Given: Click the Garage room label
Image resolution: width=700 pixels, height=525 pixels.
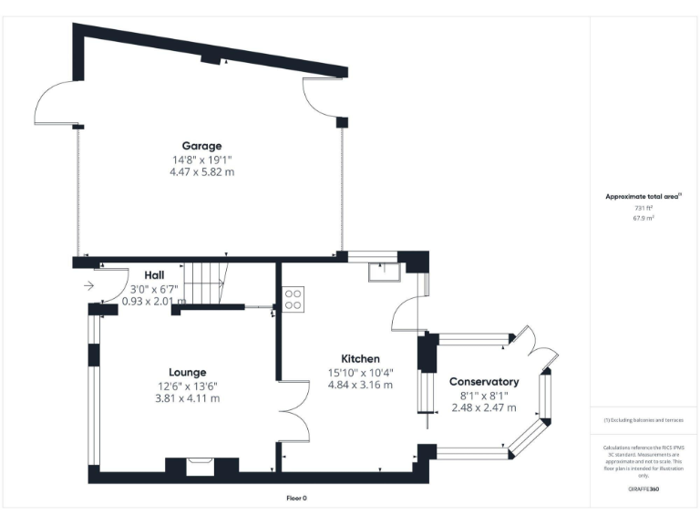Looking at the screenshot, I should pos(201,146).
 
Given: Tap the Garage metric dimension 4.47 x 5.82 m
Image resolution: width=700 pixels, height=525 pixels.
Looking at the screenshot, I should pos(201,171).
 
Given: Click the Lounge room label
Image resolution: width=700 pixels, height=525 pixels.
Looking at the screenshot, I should pos(187,372).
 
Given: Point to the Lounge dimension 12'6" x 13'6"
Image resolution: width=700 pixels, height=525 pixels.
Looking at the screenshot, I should pos(187,386).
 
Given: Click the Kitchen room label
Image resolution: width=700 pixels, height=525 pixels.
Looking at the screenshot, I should pos(360,359).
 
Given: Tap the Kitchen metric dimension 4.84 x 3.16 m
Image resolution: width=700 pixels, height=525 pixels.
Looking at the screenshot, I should pos(360,386).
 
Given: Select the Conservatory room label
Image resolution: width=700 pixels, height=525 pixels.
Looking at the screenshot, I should pos(484,382).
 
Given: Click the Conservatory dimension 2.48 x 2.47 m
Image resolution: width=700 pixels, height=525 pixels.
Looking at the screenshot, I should pos(484,407).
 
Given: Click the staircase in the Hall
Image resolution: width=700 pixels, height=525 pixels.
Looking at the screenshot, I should pos(205,283).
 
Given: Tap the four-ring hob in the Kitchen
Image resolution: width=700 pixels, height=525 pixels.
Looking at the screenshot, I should pos(293,299).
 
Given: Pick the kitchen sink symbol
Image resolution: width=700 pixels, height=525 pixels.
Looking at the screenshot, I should pos(380,270).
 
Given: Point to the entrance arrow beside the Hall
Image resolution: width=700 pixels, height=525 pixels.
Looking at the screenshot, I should pos(87,285).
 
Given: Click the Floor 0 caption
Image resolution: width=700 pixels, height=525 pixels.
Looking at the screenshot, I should pos(296,498).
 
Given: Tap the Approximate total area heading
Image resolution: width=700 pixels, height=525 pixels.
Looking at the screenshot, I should pos(643,197).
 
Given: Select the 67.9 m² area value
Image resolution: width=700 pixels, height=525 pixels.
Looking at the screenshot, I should pos(643,219).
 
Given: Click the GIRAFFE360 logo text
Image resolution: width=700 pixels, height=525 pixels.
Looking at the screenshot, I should pos(643,489).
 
